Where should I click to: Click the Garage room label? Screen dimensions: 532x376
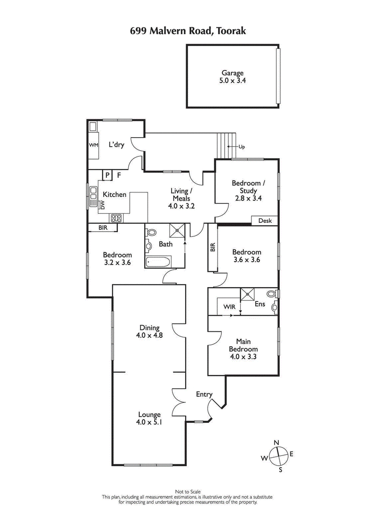(233, 73)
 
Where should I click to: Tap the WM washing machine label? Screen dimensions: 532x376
(94, 145)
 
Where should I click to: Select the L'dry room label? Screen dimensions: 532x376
(116, 145)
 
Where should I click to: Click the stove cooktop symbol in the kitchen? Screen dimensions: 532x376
(116, 218)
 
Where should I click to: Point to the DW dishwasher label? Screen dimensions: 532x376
(102, 205)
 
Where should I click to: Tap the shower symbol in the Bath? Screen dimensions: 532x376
(177, 230)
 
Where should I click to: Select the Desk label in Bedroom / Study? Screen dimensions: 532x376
(265, 220)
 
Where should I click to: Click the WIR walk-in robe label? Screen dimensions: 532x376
(229, 306)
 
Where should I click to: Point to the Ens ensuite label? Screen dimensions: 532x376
(260, 304)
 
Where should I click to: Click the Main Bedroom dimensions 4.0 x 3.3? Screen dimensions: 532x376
(243, 356)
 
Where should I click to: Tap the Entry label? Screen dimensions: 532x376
(204, 394)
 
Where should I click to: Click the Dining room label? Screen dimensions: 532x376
(149, 328)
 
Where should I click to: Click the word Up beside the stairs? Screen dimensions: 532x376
(242, 147)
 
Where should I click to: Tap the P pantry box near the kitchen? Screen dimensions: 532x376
(108, 175)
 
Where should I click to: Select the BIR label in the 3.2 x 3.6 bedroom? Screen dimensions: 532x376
(103, 228)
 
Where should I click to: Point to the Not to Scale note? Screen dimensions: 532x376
(188, 492)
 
